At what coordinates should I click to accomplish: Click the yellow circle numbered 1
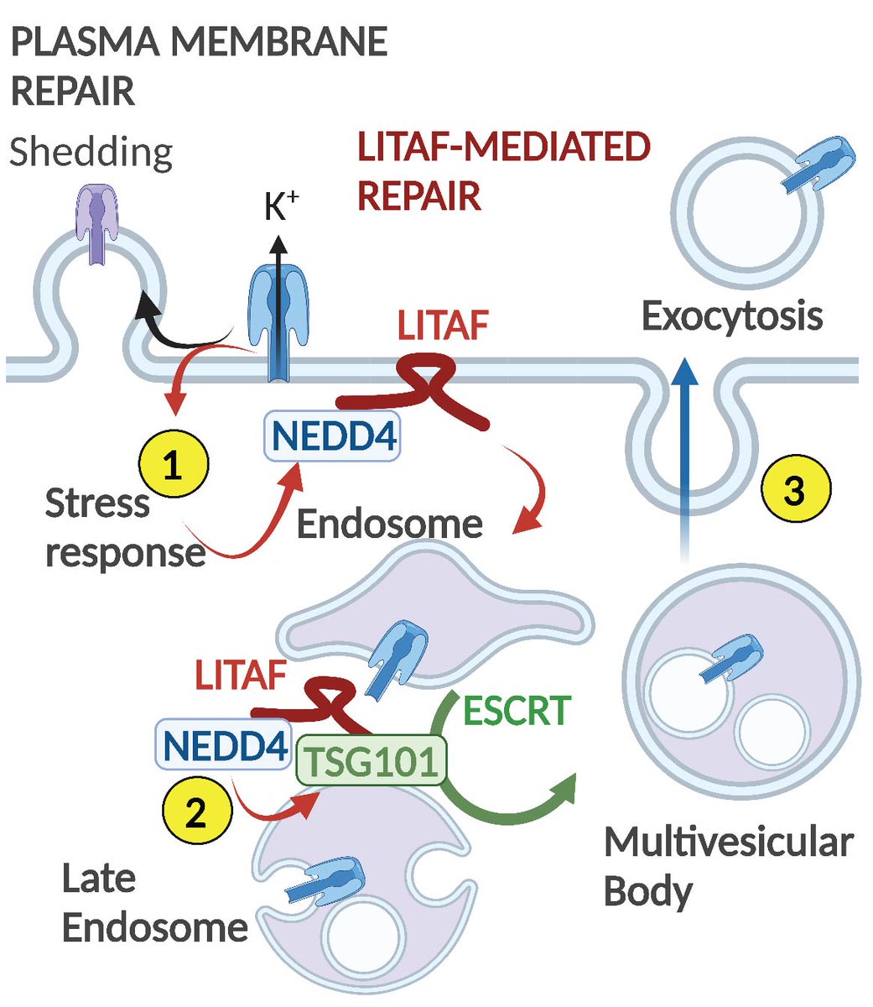[x=173, y=463]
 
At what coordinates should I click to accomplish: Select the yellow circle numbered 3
[x=795, y=488]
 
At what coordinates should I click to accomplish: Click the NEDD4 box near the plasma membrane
[x=332, y=436]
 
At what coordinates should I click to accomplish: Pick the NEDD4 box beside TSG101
[x=224, y=745]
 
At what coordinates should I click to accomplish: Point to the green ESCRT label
[x=517, y=711]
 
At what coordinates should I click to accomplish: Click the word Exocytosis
[x=732, y=317]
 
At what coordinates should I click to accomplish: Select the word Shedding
[x=91, y=152]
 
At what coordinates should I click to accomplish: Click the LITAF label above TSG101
[x=241, y=675]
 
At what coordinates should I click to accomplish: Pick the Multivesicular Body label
[x=729, y=866]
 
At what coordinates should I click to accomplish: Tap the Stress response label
[x=126, y=528]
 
